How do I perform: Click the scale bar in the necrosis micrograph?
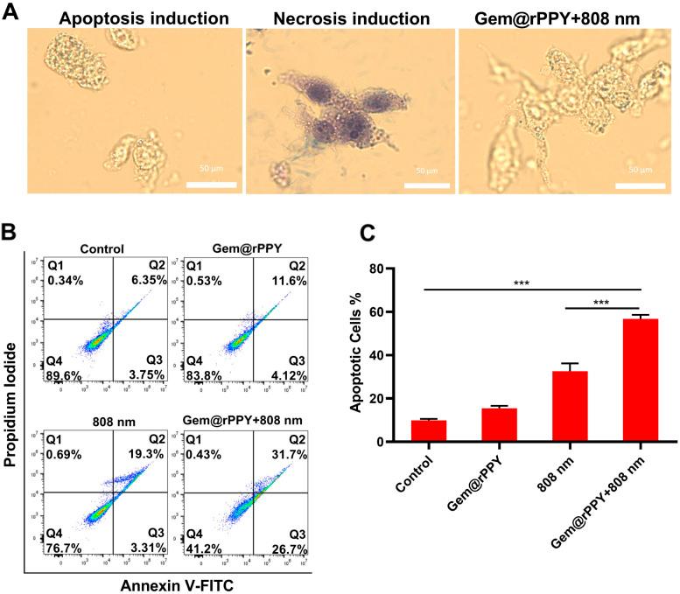click(425, 184)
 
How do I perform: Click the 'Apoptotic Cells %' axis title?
click(357, 354)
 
